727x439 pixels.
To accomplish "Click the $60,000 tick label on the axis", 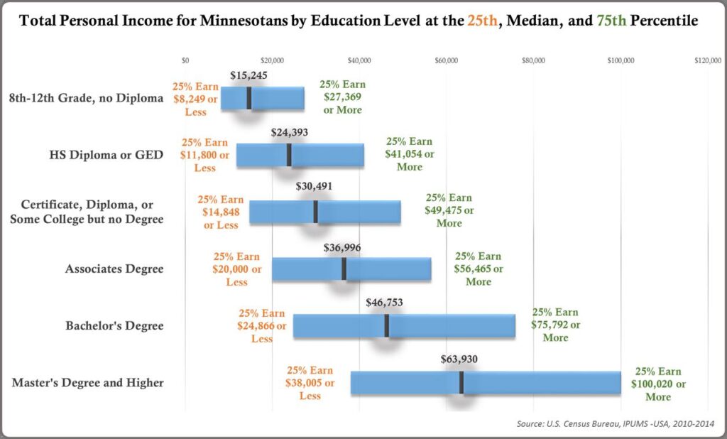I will [446, 61].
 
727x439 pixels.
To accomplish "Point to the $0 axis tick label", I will [185, 61].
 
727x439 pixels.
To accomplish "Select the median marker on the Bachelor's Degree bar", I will [387, 325].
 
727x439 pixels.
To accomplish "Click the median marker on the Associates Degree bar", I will [344, 269].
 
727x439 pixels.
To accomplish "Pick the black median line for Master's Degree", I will [461, 382].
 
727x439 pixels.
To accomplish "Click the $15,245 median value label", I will [249, 74].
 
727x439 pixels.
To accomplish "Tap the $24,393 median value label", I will [290, 131].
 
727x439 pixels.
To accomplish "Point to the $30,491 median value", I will [313, 187].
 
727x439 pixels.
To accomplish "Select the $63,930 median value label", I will [459, 357].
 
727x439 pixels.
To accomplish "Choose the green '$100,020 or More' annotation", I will [658, 384].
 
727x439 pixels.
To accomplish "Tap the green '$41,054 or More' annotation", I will [410, 154].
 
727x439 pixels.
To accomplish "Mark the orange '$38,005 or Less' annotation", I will [310, 383].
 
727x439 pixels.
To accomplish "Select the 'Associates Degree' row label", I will [114, 269].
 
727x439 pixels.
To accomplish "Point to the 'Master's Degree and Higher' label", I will [88, 383].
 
